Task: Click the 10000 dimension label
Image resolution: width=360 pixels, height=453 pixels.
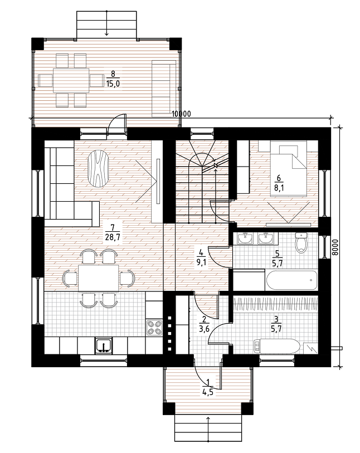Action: pos(181,114)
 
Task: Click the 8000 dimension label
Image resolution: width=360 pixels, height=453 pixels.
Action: pos(334,247)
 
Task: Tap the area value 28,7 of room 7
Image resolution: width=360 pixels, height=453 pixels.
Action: pos(113,237)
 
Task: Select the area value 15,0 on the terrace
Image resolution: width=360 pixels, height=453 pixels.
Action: pos(113,84)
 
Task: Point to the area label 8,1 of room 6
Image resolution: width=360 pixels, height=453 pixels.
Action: pos(279,188)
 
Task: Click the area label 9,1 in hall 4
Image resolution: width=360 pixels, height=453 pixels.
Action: pos(201,263)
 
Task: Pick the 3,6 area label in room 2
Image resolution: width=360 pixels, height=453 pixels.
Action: pos(205,329)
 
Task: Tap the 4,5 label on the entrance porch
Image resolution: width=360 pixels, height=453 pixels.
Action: pos(208,392)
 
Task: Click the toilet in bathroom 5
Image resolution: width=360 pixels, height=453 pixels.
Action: pos(301,243)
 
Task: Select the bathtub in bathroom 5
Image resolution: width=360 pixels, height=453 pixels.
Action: pos(291,280)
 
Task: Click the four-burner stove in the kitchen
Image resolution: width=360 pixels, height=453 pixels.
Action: pos(154,327)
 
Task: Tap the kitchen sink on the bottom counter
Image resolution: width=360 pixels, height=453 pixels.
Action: pos(103,345)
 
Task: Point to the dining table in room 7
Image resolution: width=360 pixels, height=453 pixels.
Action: pos(98,278)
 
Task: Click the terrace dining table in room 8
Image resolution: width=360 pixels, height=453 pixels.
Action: pos(71,80)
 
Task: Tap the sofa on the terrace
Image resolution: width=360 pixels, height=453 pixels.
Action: pos(164,89)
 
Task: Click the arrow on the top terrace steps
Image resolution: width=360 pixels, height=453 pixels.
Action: pos(106,23)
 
